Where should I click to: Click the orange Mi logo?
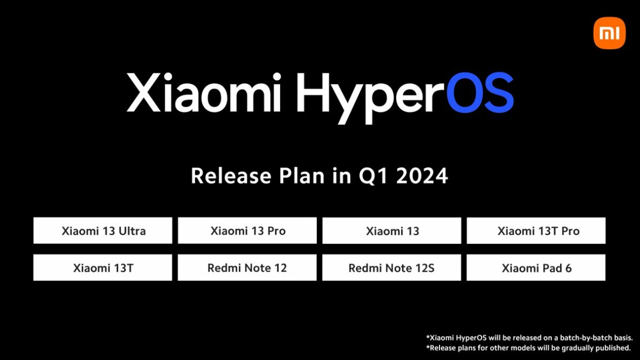(x=609, y=33)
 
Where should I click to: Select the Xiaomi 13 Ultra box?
(x=103, y=231)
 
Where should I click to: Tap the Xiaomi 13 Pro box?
(x=247, y=231)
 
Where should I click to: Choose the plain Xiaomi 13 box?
(x=392, y=231)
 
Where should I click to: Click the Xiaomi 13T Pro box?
(x=537, y=231)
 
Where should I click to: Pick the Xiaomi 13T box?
(x=103, y=268)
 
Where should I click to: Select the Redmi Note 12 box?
(x=247, y=268)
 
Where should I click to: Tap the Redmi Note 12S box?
(x=392, y=268)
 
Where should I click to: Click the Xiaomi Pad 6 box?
(x=537, y=268)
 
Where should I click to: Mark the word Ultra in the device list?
(x=131, y=231)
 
